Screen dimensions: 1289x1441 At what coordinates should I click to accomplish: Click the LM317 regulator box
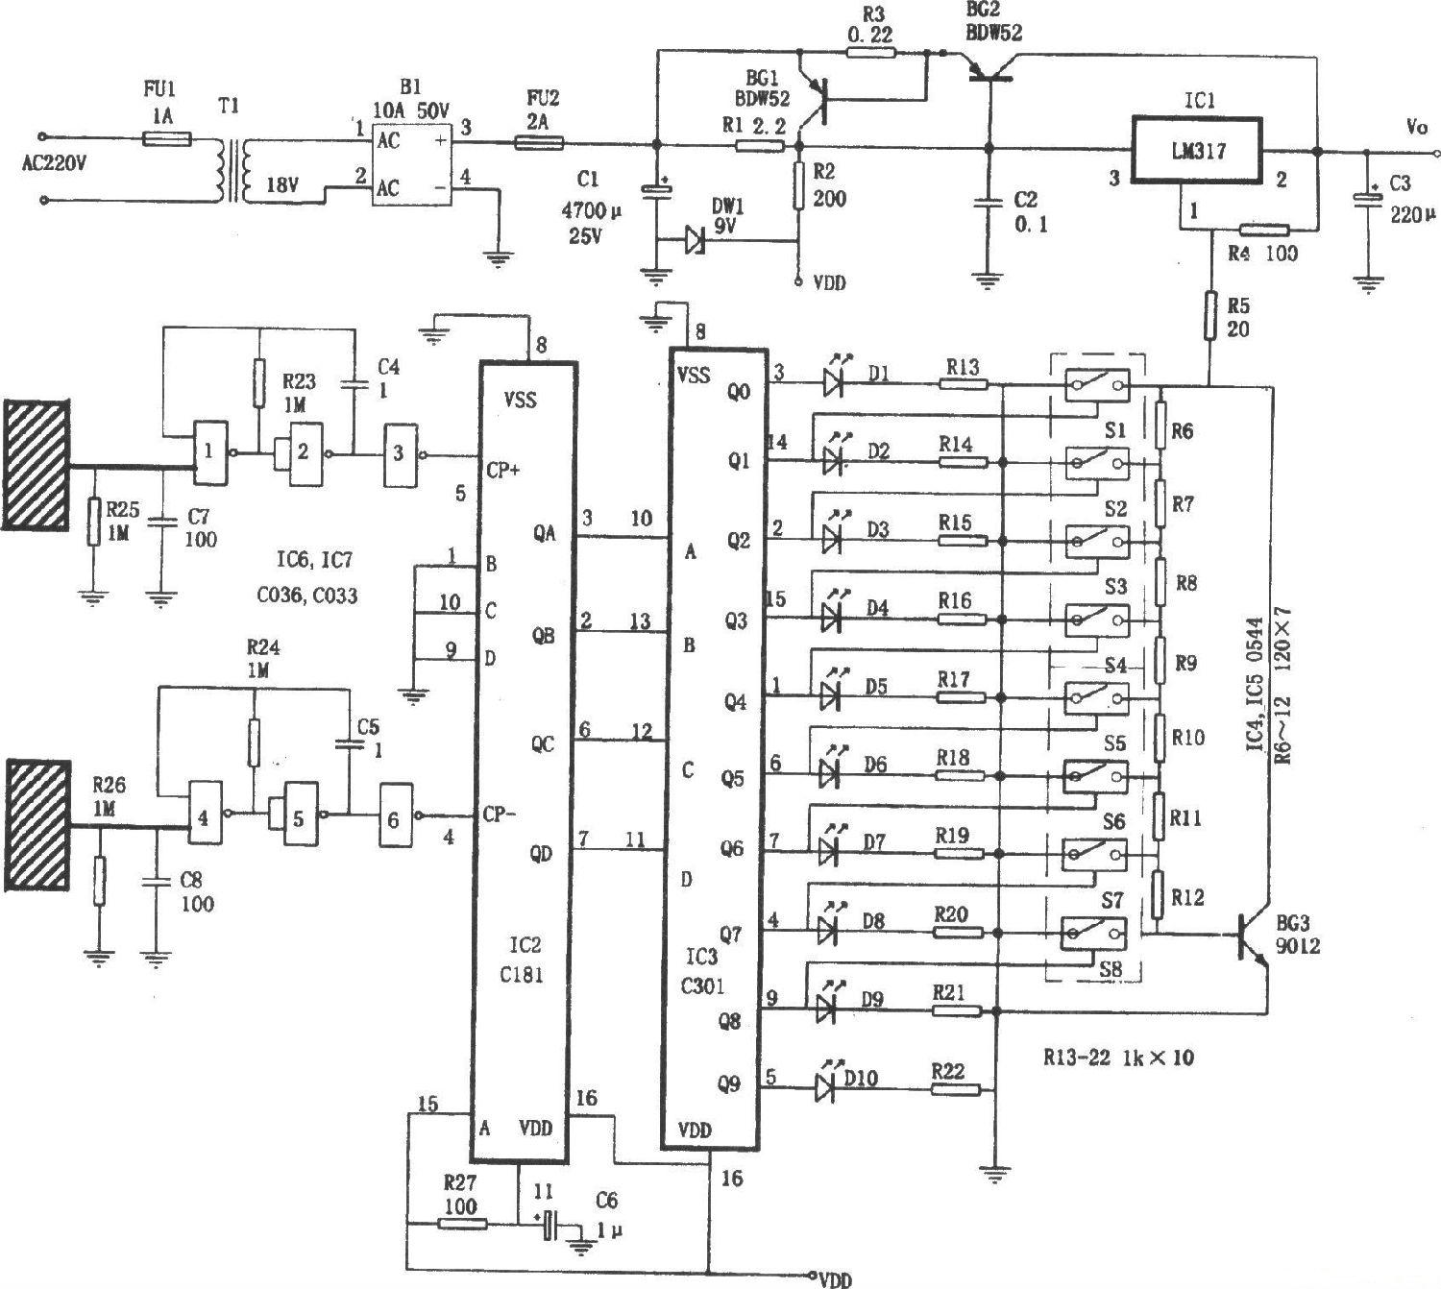pos(1197,149)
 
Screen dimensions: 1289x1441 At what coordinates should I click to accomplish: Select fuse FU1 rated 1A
pos(166,138)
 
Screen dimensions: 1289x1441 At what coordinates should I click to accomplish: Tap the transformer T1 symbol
pos(233,170)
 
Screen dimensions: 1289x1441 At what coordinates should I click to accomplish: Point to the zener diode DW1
pos(695,240)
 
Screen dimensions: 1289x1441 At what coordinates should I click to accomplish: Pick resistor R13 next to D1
pos(963,384)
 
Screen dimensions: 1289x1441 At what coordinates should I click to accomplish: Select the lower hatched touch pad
pos(38,823)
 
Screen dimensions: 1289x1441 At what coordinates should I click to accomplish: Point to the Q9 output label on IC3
pos(729,1083)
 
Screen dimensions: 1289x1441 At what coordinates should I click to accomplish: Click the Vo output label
pos(1417,127)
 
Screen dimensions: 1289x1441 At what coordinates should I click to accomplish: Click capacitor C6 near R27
pos(548,1225)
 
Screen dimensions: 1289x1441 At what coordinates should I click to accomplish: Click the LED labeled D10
pos(824,1088)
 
